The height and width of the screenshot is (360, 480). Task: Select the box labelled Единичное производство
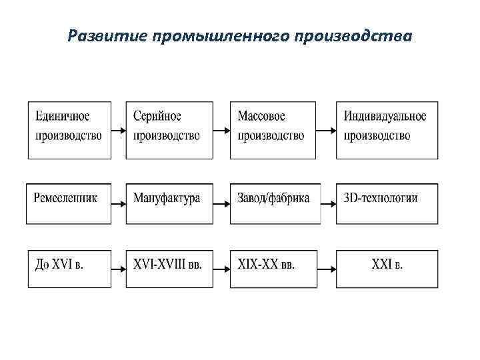pos(69,129)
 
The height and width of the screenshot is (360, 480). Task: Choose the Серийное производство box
pos(169,129)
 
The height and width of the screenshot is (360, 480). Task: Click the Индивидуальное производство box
pos(387,129)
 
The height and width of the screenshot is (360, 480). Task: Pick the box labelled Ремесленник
pos(69,203)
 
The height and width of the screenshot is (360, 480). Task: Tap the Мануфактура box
pos(169,203)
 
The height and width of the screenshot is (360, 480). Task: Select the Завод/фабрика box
pos(274,203)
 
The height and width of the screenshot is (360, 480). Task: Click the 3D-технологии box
pos(387,203)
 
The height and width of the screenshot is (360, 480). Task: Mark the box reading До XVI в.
pos(69,268)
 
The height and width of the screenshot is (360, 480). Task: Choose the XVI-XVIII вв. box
pos(169,268)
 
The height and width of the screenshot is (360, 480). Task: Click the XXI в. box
pos(387,268)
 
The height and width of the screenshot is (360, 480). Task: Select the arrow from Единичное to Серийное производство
pos(119,130)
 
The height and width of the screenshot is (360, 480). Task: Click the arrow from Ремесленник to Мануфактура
pos(119,203)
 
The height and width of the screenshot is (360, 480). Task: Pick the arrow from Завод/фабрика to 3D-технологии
pos(327,203)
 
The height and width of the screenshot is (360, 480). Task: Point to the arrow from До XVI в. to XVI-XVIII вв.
pos(119,269)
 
